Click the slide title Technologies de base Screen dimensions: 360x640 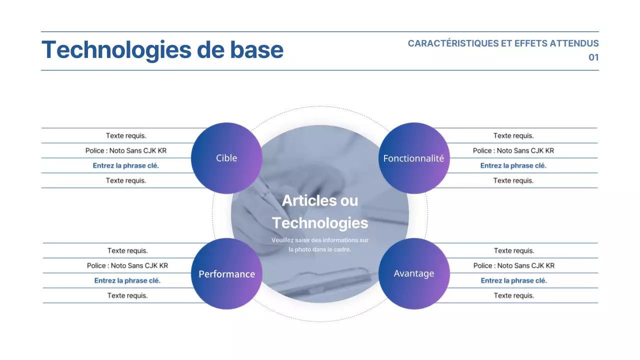pos(162,50)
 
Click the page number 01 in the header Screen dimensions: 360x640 pos(593,57)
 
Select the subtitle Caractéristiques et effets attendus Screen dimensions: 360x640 pos(503,43)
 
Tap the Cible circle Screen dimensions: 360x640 pos(226,158)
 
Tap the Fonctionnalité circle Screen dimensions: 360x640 pos(413,158)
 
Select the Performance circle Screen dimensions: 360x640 pos(226,274)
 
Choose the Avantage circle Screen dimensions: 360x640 pos(413,273)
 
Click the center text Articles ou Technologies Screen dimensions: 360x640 pos(320,211)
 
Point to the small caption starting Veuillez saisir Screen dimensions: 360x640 pos(320,244)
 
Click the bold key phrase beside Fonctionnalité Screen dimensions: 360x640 pos(513,165)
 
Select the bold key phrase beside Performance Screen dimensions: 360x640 pos(127,280)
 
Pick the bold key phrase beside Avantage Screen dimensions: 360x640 pos(514,280)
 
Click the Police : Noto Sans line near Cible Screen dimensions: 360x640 pos(126,150)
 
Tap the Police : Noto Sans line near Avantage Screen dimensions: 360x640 pos(514,265)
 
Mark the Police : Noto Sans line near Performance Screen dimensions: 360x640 pos(127,265)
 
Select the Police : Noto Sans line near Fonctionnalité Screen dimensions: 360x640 pos(513,150)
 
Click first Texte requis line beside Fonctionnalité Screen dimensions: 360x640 pos(513,135)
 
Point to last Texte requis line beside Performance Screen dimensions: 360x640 pos(127,295)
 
